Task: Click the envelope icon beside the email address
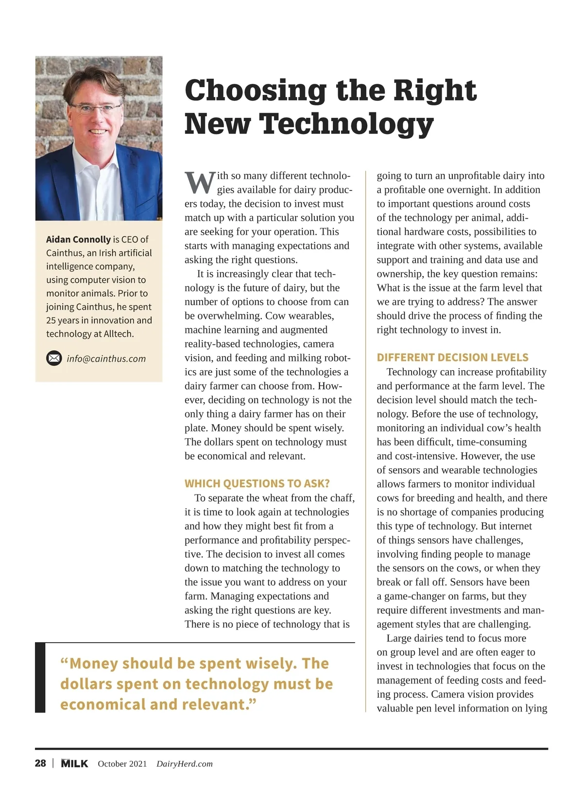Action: point(54,359)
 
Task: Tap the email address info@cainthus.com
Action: point(106,359)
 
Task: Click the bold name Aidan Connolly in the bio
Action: point(78,239)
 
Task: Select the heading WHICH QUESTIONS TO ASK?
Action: point(257,484)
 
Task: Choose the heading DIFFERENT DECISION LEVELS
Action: point(452,358)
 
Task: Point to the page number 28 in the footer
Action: point(40,763)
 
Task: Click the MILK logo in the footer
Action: point(74,764)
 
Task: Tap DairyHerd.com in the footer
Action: point(185,764)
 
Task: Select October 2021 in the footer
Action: point(122,764)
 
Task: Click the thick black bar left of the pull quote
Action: point(40,678)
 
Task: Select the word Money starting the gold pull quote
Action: point(94,664)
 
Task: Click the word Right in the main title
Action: point(434,90)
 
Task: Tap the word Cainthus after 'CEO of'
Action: point(64,253)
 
